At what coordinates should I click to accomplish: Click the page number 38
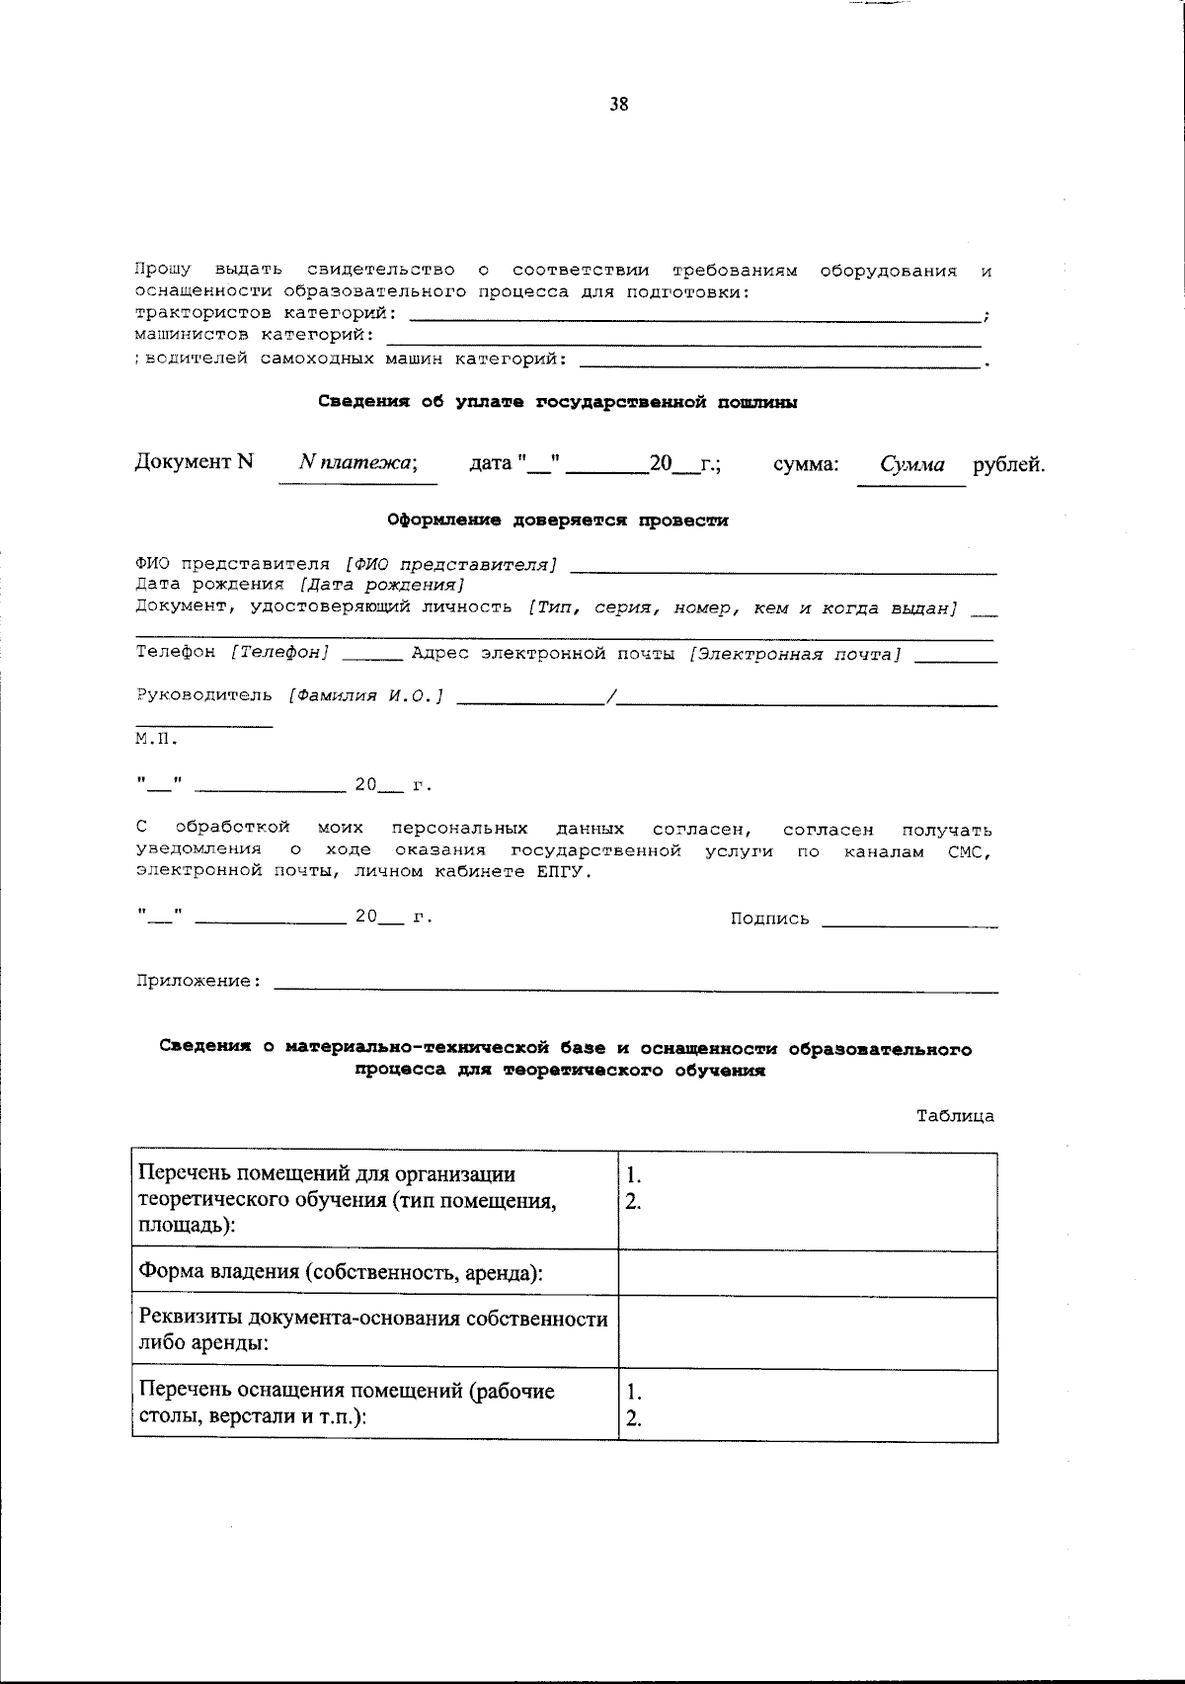point(619,105)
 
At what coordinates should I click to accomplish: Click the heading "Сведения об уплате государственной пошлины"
point(558,402)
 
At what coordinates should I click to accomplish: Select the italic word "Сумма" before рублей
point(912,464)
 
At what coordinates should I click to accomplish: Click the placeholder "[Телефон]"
point(280,653)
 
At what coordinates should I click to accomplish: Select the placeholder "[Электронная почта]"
point(795,654)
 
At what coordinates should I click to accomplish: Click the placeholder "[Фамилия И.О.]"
point(365,696)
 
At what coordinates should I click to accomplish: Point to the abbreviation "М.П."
point(156,738)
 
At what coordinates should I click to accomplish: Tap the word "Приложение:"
point(199,982)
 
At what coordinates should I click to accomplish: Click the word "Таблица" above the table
point(955,1116)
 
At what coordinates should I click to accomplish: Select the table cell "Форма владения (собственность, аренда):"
point(342,1272)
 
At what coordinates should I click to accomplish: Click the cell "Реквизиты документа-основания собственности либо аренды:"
point(374,1331)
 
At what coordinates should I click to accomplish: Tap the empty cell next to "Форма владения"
point(807,1272)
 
